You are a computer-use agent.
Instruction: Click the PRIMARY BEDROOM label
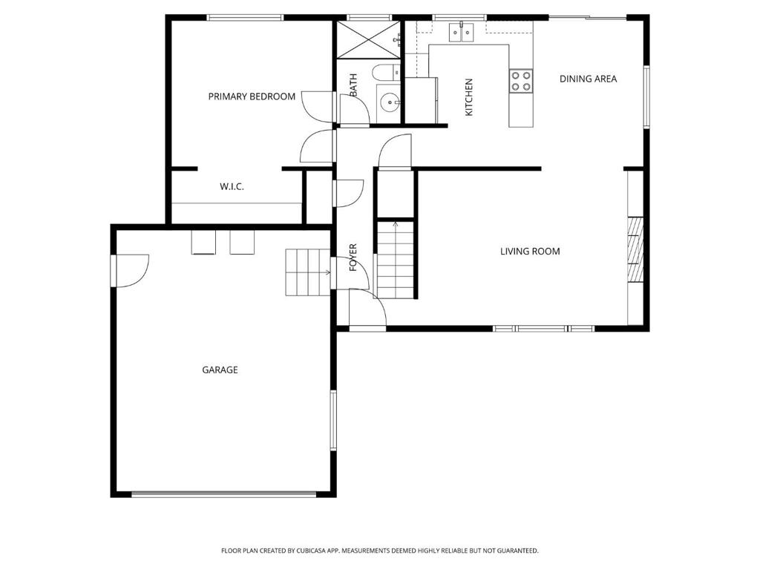(x=252, y=96)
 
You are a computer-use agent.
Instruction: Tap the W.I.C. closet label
(x=232, y=186)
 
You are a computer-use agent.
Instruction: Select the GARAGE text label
(x=220, y=370)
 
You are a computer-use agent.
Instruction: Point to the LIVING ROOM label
(x=530, y=251)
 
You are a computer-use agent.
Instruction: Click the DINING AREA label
(x=588, y=79)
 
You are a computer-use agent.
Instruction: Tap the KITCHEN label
(x=469, y=97)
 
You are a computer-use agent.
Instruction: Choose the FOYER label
(x=353, y=258)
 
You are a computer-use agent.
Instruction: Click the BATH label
(x=353, y=85)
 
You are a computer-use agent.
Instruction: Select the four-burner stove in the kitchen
(x=520, y=81)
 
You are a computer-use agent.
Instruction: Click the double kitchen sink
(x=461, y=32)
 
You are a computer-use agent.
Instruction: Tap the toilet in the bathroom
(x=386, y=73)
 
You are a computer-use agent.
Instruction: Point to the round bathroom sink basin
(x=389, y=102)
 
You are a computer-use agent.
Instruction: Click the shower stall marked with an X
(x=369, y=40)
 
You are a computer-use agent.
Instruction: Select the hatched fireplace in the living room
(x=636, y=249)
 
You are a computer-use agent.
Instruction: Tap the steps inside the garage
(x=308, y=272)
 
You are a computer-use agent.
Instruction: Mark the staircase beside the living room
(x=396, y=260)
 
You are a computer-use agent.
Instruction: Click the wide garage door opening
(x=224, y=494)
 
